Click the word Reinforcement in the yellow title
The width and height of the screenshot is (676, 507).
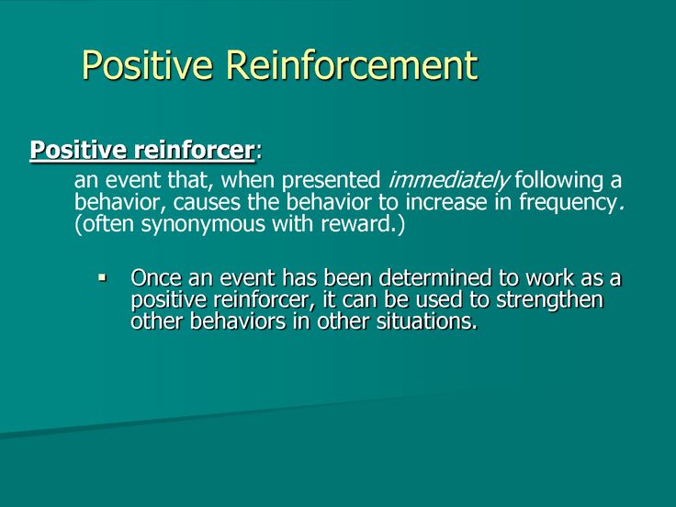click(352, 64)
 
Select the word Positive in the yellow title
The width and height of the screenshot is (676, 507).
click(148, 64)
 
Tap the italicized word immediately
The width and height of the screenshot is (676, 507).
click(449, 181)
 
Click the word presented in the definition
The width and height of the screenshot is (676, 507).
click(331, 181)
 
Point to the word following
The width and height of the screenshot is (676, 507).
click(558, 181)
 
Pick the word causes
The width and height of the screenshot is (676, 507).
click(207, 202)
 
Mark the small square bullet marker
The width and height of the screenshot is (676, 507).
click(102, 277)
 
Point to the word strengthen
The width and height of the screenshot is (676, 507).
click(549, 299)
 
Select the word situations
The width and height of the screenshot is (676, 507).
click(427, 321)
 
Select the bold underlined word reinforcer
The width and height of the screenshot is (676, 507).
click(194, 150)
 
